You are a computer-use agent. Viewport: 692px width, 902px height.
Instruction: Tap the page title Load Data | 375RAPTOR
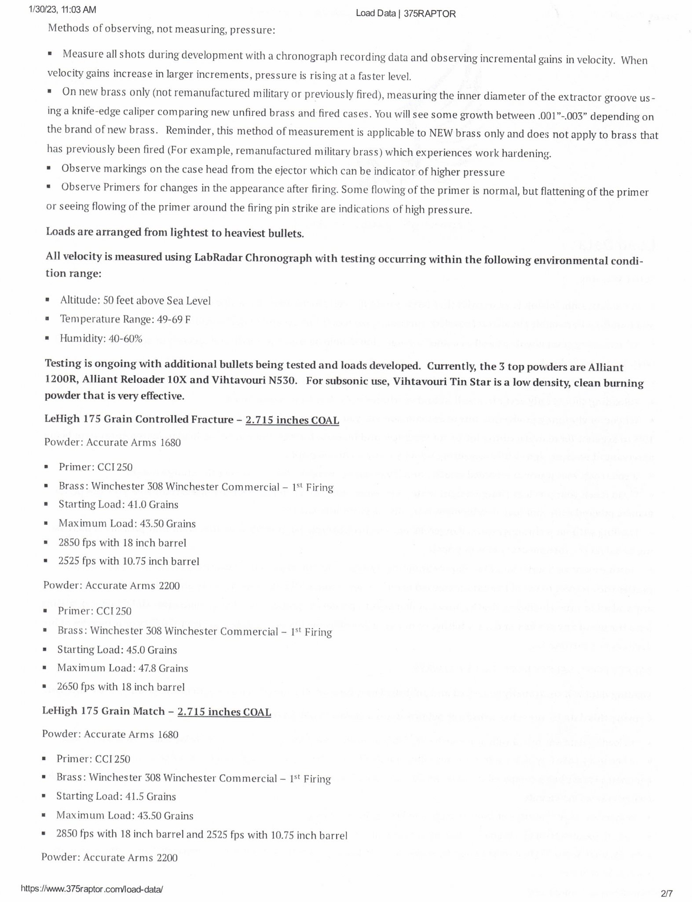pos(405,14)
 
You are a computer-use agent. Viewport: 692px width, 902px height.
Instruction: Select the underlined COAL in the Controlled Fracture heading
pos(325,420)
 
